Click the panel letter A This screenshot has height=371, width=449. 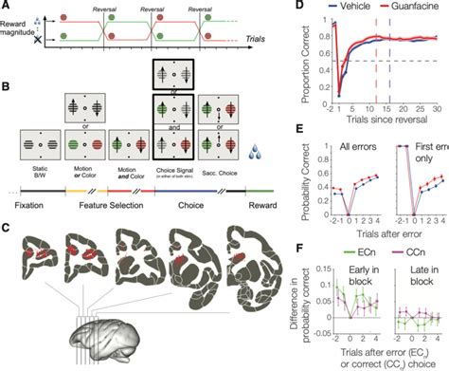7,9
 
